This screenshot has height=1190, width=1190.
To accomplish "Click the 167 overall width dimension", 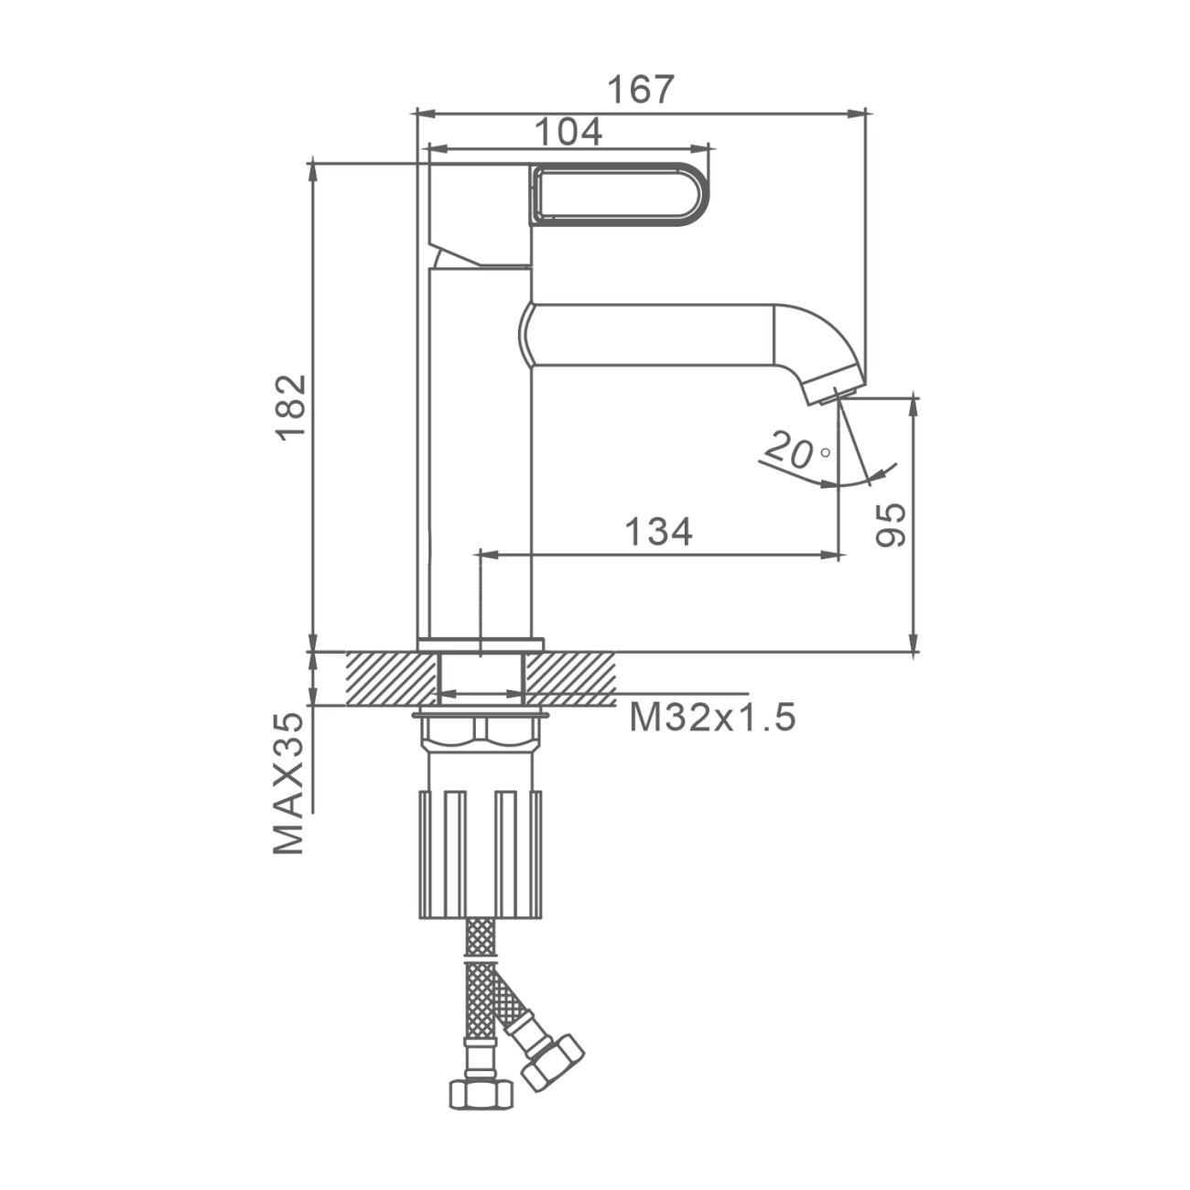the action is [x=640, y=90].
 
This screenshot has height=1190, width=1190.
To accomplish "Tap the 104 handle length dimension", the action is [x=568, y=132].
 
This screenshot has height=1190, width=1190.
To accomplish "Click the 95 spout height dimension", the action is [x=891, y=525].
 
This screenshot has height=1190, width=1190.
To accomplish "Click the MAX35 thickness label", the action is [x=289, y=784].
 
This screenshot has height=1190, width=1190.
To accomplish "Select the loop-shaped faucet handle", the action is [x=620, y=191].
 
